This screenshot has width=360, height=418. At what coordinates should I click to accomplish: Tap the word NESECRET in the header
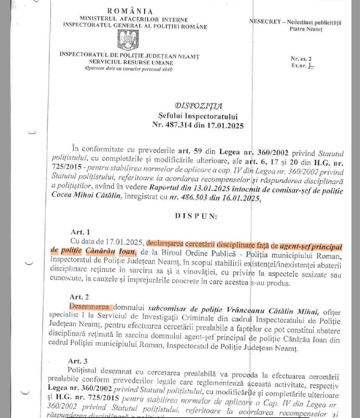click(x=265, y=22)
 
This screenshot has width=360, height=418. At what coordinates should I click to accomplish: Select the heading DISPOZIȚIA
click(x=199, y=106)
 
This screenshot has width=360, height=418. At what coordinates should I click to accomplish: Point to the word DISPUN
click(x=196, y=216)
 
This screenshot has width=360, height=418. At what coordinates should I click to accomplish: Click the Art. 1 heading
click(x=80, y=232)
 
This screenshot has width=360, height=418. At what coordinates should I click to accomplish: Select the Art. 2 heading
click(x=79, y=297)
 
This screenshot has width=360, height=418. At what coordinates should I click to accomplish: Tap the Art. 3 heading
click(x=78, y=361)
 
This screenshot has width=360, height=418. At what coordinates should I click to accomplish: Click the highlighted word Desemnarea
click(x=89, y=307)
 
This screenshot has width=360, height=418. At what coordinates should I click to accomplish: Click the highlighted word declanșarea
click(x=165, y=243)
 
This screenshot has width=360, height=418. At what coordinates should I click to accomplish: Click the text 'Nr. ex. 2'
click(x=301, y=59)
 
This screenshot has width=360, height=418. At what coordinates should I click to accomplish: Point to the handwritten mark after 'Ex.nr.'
click(x=311, y=66)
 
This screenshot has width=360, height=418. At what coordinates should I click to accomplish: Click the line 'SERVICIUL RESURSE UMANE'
click(x=131, y=62)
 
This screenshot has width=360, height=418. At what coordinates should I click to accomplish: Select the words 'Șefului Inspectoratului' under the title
click(x=198, y=117)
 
